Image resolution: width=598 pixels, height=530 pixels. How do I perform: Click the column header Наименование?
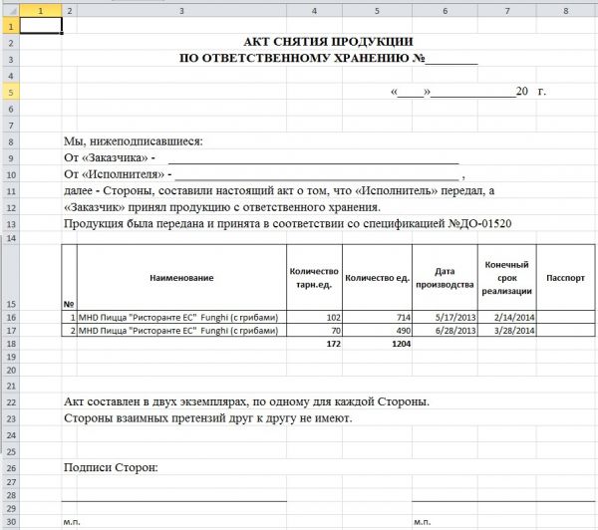pyautogui.click(x=182, y=276)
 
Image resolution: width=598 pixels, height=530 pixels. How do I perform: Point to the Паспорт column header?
pyautogui.click(x=565, y=276)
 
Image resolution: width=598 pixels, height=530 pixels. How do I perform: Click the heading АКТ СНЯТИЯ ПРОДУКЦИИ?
pyautogui.click(x=328, y=42)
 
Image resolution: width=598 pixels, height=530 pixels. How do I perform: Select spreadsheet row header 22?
pyautogui.click(x=9, y=401)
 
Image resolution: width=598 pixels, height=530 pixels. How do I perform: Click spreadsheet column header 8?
pyautogui.click(x=565, y=10)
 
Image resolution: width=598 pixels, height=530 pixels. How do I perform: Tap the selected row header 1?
pyautogui.click(x=9, y=27)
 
